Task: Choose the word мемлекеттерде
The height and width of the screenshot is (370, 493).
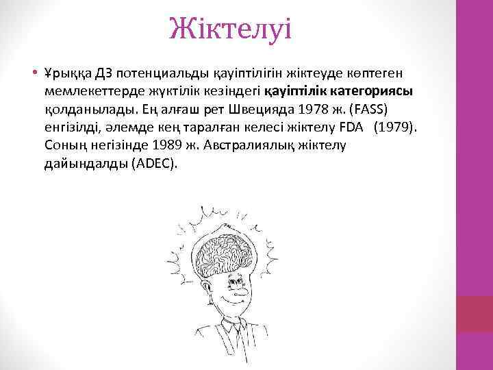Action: tap(90, 91)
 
